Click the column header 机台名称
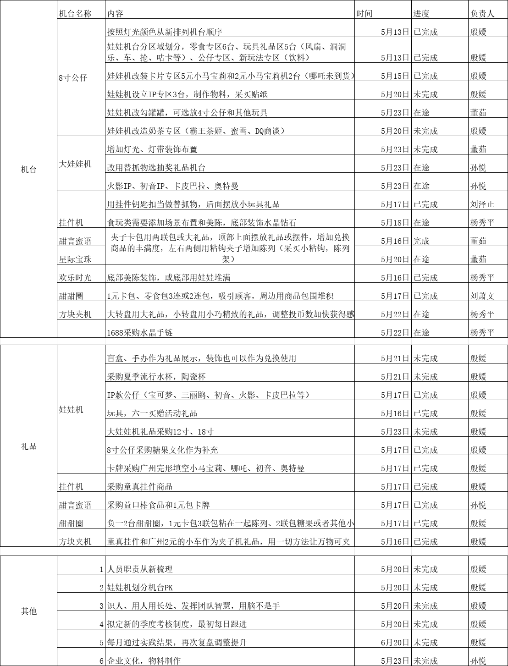point(76,14)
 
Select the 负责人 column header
point(482,14)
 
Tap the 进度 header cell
point(421,14)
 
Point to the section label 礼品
point(28,446)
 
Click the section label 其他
point(28,611)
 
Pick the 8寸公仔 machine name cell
point(73,77)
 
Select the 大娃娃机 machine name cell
point(76,164)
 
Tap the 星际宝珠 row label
point(75,259)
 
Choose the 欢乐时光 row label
point(75,278)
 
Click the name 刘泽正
point(482,204)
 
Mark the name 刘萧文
point(482,296)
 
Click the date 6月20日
point(395,643)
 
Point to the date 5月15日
point(395,76)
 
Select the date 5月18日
point(395,223)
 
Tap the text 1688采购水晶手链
point(140,333)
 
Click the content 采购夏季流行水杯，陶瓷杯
point(156,377)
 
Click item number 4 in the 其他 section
point(101,624)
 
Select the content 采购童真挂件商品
point(140,487)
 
